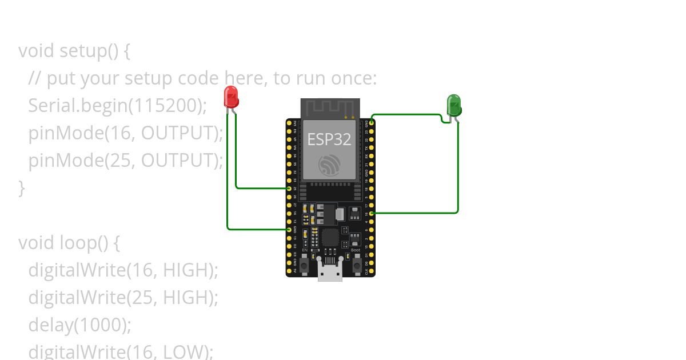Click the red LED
(x=231, y=97)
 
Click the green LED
(x=453, y=106)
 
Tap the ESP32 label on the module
(x=330, y=139)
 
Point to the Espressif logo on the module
(x=330, y=165)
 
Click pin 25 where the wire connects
(x=289, y=188)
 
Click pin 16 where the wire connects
(x=372, y=213)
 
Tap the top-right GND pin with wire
(x=372, y=122)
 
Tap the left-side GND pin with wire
(x=289, y=229)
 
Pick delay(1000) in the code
(x=80, y=325)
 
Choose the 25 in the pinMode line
(x=118, y=160)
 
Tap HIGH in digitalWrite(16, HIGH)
(x=185, y=270)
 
